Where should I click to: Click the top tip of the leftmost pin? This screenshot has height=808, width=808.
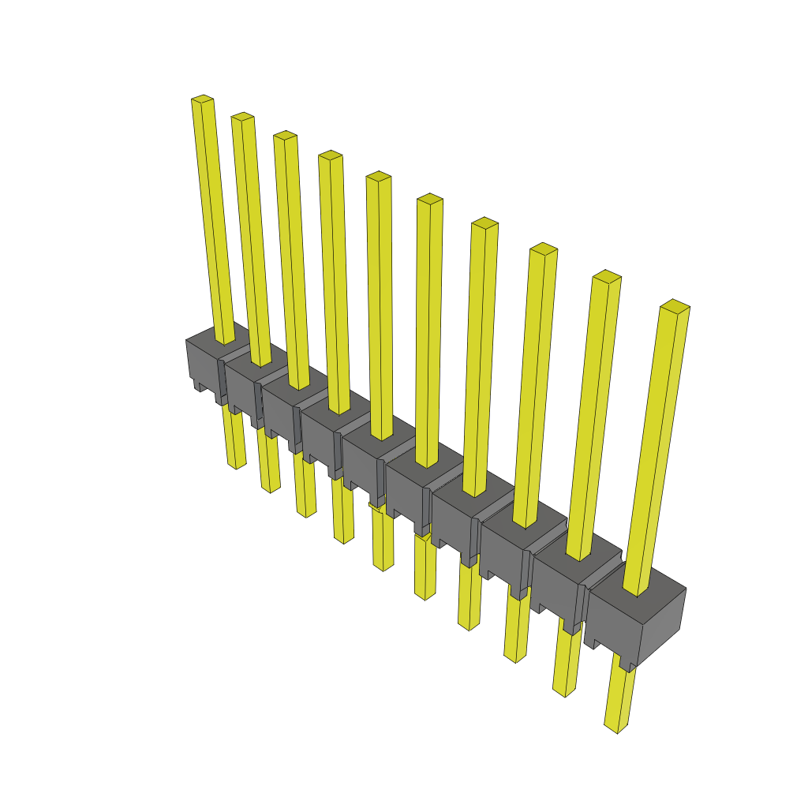(203, 99)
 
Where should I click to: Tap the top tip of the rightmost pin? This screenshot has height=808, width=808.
(675, 305)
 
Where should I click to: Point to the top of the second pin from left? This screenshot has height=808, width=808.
(242, 117)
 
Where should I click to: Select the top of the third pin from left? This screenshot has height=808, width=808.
(285, 136)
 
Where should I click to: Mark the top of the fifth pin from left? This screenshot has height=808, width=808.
(379, 176)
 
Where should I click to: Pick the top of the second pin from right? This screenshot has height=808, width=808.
(607, 276)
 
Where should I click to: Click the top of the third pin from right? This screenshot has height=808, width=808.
(543, 249)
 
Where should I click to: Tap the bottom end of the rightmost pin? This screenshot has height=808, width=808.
(617, 728)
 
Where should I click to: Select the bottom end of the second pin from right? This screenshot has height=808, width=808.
(565, 692)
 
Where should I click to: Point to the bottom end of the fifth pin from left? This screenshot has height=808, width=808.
(383, 566)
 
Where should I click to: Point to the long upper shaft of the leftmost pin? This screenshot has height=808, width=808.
(214, 221)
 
